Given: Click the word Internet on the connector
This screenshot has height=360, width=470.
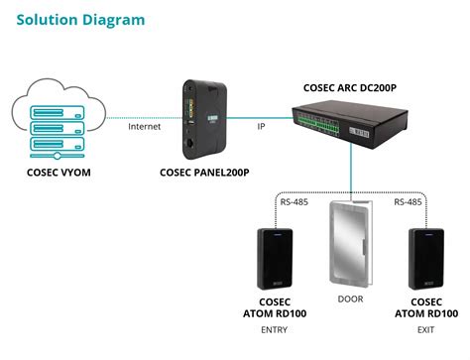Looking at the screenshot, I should pos(145,127).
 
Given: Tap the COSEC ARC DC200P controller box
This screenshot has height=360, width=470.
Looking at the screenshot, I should pos(358,130).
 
